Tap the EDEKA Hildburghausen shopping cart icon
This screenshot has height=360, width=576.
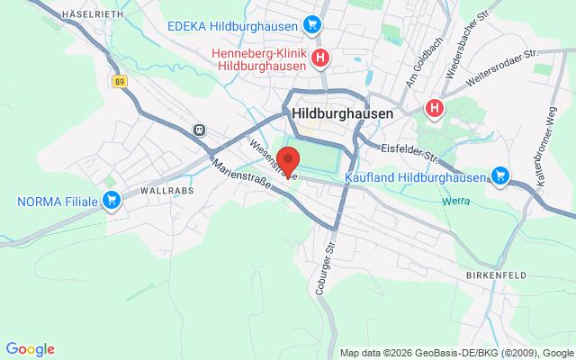coord(312,23)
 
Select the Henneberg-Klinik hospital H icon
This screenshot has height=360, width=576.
coord(320,59)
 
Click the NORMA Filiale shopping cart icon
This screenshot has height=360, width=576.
coord(112,199)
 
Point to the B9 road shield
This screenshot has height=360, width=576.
coord(119,81)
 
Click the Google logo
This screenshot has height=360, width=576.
coord(30,349)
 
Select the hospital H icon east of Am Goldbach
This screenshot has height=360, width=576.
coord(435,109)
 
